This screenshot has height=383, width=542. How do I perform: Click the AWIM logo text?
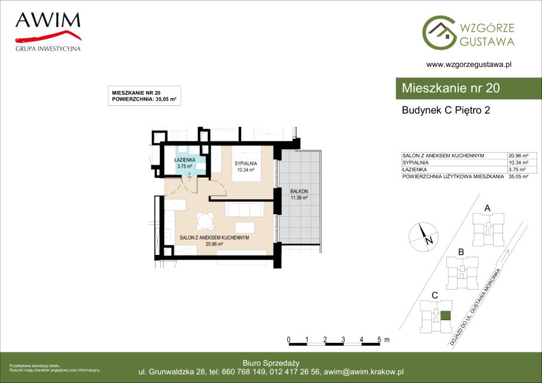pos(48,20)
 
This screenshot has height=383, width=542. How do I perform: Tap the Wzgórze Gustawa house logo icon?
pos(439,32)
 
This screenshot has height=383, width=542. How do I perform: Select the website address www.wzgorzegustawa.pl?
pos(469,64)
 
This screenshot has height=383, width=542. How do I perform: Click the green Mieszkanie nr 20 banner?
pos(469,89)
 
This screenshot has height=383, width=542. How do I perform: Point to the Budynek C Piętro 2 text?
pos(446,110)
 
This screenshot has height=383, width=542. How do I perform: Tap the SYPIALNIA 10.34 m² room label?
pos(246,166)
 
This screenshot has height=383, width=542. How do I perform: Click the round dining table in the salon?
pos(205,221)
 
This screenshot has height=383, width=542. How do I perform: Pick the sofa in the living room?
pos(244,210)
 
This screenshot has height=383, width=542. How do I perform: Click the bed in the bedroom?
pos(246,164)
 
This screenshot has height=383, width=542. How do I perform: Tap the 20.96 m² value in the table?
pos(518,156)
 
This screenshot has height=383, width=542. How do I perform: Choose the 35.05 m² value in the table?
pos(518,177)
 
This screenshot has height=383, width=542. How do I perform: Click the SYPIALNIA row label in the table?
pos(416,162)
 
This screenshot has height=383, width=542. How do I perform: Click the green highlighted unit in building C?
pos(446,315)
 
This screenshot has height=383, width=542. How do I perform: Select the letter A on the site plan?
pos(488,208)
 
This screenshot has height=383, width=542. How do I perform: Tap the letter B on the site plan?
pos(461,253)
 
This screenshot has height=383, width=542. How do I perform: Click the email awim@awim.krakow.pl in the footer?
pos(364,372)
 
